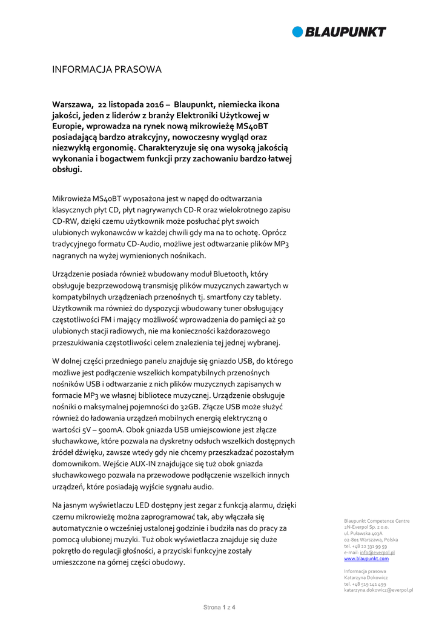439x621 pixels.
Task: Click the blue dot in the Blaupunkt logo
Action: click(298, 32)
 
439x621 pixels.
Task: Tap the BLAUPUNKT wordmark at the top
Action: click(345, 32)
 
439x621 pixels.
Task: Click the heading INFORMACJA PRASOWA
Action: click(107, 70)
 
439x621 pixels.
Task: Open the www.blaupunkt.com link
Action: click(366, 559)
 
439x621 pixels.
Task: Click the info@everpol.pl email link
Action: click(378, 552)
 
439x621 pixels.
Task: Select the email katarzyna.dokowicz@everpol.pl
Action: click(378, 589)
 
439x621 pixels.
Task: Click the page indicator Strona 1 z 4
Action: click(219, 607)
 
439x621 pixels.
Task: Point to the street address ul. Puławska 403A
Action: click(363, 533)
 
